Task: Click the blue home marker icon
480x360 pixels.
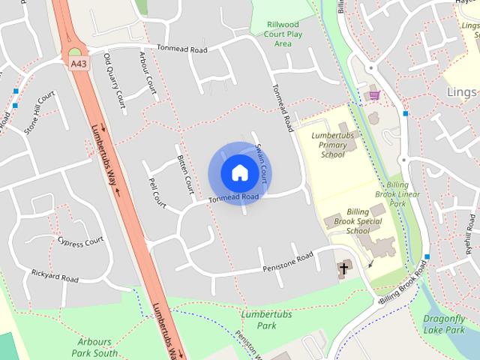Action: click(x=239, y=172)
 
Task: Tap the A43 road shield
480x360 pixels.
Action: click(x=79, y=65)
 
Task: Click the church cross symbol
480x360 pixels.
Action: click(x=344, y=268)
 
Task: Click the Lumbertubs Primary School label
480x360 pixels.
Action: click(x=333, y=144)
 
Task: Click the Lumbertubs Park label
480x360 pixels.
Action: click(x=256, y=320)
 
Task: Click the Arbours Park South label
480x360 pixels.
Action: click(x=95, y=346)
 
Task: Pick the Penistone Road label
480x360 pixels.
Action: click(x=287, y=262)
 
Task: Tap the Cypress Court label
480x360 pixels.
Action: click(x=80, y=241)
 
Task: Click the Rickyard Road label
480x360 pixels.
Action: click(x=55, y=277)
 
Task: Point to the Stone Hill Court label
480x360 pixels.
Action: click(x=40, y=113)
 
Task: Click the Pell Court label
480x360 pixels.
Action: click(x=157, y=193)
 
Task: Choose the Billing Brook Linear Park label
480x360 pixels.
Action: click(x=397, y=193)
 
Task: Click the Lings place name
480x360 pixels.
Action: click(x=461, y=91)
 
